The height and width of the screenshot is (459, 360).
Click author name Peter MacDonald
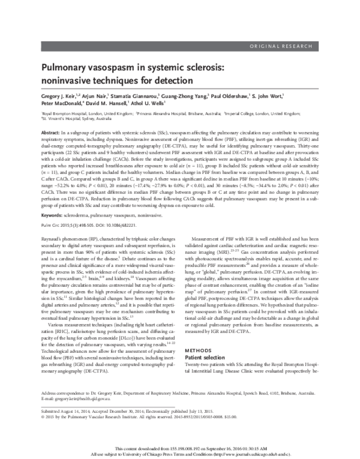pos(62,103)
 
